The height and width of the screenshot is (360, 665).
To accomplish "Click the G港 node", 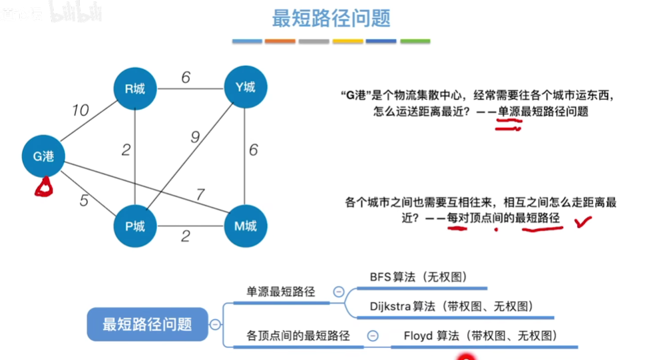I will click(x=43, y=156).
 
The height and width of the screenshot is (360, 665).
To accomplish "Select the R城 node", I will click(x=134, y=87).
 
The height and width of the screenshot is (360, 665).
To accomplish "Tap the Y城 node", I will click(x=246, y=87).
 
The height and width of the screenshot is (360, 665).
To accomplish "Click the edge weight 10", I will click(x=80, y=110).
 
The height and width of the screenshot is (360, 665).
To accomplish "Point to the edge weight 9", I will click(x=194, y=137).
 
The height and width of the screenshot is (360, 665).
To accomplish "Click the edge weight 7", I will click(x=200, y=195).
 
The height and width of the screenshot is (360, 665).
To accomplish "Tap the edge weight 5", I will click(x=83, y=200).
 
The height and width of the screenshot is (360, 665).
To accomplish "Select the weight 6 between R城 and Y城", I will click(x=186, y=78).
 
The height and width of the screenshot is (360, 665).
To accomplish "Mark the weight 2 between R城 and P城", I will click(x=126, y=150).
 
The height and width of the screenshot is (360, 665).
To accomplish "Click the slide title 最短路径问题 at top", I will click(x=331, y=18).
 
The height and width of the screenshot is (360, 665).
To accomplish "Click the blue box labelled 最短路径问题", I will click(x=147, y=324).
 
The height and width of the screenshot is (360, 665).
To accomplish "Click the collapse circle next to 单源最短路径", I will click(x=339, y=291).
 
